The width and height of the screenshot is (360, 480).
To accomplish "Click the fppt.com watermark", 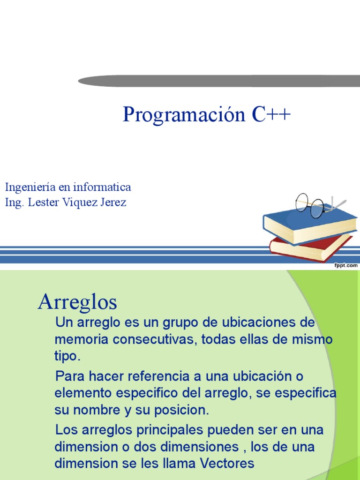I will click(345, 265).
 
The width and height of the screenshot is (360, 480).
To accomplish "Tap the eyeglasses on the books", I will click(311, 204).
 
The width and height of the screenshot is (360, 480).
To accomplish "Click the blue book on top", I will click(309, 224).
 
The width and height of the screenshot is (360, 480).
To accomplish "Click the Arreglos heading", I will click(77, 302).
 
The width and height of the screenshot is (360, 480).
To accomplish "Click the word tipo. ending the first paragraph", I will click(67, 356).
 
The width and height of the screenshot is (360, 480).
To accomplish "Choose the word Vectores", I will click(227, 464).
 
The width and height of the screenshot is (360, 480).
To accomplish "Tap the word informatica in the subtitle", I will click(105, 187).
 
